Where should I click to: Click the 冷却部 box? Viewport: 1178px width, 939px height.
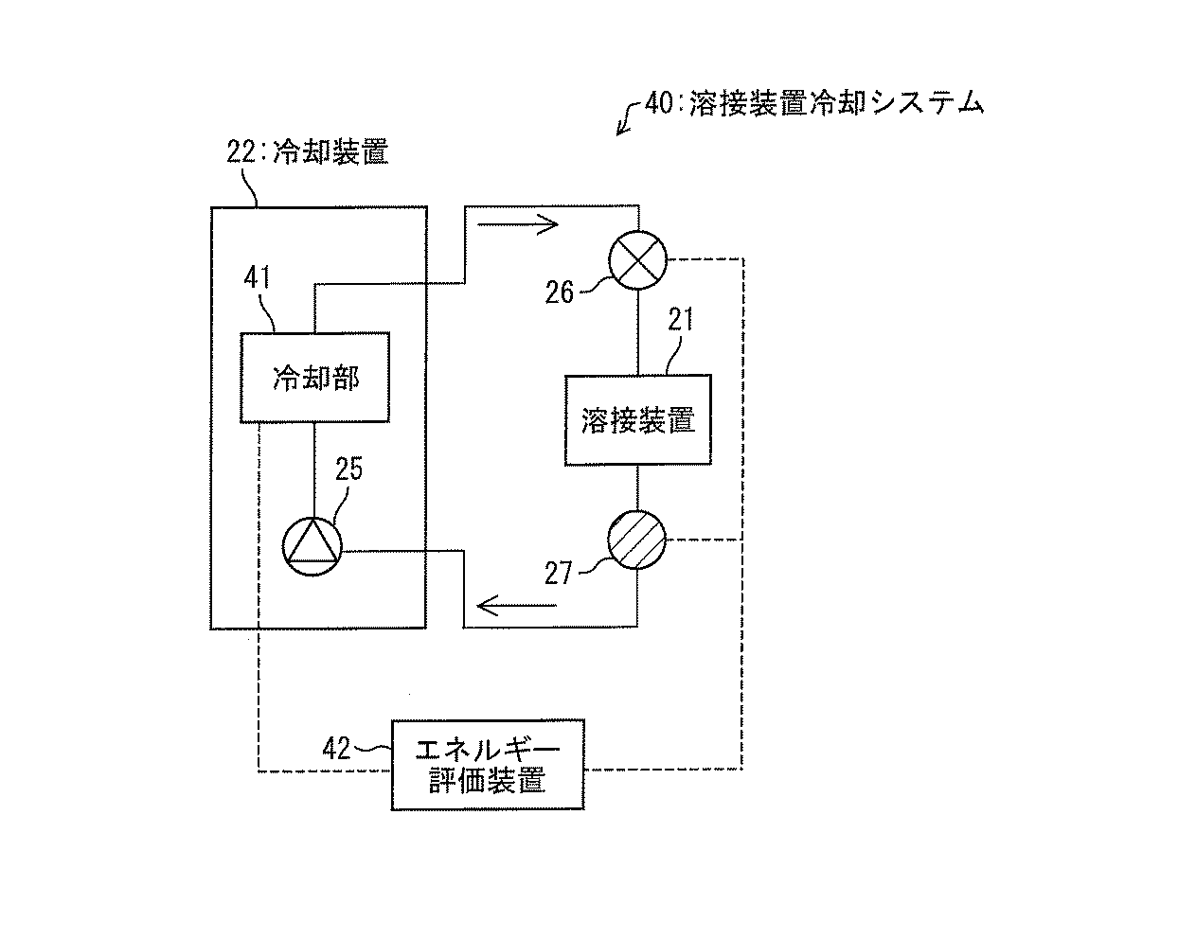tap(314, 378)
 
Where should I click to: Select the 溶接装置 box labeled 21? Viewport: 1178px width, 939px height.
tap(637, 419)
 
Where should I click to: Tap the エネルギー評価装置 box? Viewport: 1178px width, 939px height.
tap(488, 765)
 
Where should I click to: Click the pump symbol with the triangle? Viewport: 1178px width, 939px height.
tap(312, 546)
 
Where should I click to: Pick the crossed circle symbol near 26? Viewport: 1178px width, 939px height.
tap(637, 260)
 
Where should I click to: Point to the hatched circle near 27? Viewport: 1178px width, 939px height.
tap(636, 540)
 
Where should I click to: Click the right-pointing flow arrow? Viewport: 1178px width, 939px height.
tap(518, 223)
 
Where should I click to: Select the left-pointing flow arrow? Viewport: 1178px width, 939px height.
tap(517, 606)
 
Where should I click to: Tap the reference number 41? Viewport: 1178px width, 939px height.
tap(257, 277)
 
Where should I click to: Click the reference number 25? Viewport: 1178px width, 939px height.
tap(348, 469)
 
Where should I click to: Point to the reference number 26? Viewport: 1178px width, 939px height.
tap(559, 292)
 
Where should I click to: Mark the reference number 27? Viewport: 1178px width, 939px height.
tap(558, 574)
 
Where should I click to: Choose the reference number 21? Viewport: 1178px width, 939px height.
tap(681, 320)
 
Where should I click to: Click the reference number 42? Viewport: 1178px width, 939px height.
tap(336, 749)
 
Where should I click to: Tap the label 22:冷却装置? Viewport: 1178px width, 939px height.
tap(308, 151)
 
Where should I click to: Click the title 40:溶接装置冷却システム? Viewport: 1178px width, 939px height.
tap(814, 102)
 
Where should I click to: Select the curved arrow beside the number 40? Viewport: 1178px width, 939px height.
tap(630, 117)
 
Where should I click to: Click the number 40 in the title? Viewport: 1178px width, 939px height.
tap(658, 102)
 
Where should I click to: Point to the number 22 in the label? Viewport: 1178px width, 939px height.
tap(241, 151)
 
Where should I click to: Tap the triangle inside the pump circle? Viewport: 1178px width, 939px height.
tap(312, 541)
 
